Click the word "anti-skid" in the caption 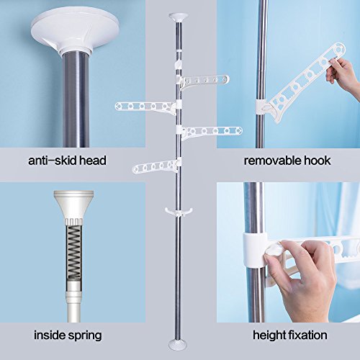point(53,160)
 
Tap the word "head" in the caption point(92,160)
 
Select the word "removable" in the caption point(271,160)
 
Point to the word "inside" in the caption point(50,335)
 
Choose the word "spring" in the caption point(86,335)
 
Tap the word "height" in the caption point(270,335)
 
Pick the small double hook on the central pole point(175,210)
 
